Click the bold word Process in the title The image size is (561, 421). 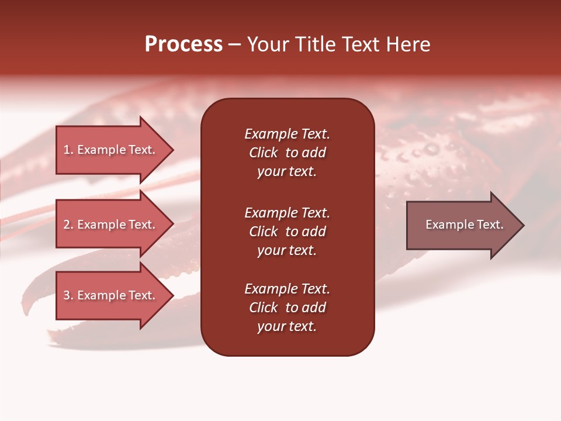pyautogui.click(x=183, y=44)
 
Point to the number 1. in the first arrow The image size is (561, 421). pyautogui.click(x=68, y=150)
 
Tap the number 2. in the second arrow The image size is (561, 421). pyautogui.click(x=68, y=225)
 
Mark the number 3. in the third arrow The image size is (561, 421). pyautogui.click(x=68, y=295)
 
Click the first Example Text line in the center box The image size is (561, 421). pyautogui.click(x=287, y=134)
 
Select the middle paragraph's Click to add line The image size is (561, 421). pyautogui.click(x=287, y=232)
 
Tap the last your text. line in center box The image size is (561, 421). pyautogui.click(x=287, y=326)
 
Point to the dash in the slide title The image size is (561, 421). pyautogui.click(x=235, y=44)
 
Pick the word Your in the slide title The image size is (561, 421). pyautogui.click(x=268, y=44)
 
